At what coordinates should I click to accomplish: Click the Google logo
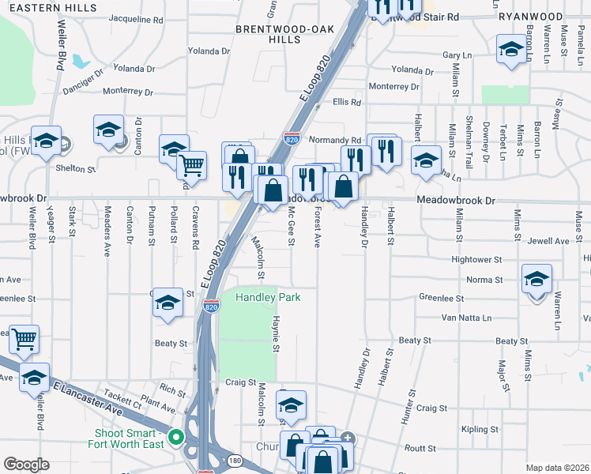click(27, 465)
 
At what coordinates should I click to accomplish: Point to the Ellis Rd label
click(347, 103)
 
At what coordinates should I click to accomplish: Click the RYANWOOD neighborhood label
click(531, 16)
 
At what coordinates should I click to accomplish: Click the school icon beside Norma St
click(536, 279)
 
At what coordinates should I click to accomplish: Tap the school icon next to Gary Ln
click(511, 50)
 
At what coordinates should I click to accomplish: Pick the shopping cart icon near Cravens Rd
click(191, 165)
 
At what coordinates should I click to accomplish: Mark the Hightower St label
click(476, 259)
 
